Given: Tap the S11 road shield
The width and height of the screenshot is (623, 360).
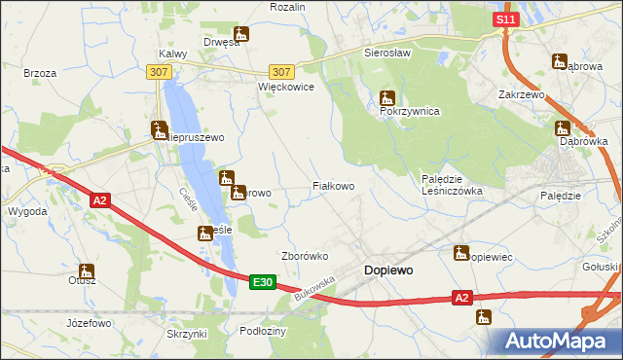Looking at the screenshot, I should click(x=503, y=19).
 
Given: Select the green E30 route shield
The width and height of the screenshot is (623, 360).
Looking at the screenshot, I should click(x=261, y=282).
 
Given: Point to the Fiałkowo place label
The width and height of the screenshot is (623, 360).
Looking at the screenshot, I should click(x=332, y=185).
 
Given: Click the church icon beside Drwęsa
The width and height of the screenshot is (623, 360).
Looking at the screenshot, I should click(x=241, y=34).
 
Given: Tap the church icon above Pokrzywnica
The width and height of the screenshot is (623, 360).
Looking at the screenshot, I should click(x=387, y=97).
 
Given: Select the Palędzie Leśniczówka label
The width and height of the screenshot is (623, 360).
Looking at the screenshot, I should click(x=451, y=185).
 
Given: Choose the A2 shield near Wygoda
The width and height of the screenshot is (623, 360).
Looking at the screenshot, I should click(x=100, y=200).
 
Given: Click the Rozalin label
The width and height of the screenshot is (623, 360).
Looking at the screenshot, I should click(x=288, y=7).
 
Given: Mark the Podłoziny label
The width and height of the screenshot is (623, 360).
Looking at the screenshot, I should click(x=262, y=331).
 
